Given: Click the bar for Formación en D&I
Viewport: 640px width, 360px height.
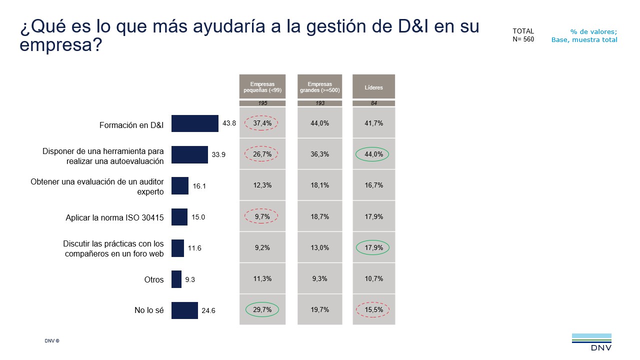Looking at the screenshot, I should [x=194, y=123].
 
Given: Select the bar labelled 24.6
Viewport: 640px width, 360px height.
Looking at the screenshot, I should [x=184, y=310].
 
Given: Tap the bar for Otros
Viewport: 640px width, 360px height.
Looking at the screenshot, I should [x=176, y=279].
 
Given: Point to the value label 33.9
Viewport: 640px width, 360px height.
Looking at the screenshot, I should [x=218, y=155].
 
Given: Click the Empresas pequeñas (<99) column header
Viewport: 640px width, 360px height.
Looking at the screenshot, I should [x=262, y=87].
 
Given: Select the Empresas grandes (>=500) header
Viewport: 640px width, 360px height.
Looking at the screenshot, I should [x=320, y=87].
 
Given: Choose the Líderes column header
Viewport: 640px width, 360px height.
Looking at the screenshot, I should [x=373, y=87].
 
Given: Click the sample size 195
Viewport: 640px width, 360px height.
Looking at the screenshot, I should [x=262, y=103].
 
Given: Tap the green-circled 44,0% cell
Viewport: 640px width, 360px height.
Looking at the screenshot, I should [x=373, y=154].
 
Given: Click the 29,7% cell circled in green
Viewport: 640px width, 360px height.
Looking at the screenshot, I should [x=262, y=309].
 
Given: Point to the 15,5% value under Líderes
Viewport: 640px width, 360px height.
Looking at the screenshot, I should [x=373, y=309].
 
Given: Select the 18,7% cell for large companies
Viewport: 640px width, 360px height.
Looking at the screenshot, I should [x=320, y=216].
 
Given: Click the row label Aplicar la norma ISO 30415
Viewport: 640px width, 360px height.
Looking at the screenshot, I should [x=114, y=217].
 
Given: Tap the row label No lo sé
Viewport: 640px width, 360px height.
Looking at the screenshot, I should [x=149, y=310].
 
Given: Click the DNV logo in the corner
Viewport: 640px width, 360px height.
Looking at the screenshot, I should [x=591, y=342].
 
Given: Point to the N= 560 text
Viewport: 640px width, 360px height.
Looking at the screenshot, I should [x=523, y=40].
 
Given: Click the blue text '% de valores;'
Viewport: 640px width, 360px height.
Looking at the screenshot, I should [x=593, y=31].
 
